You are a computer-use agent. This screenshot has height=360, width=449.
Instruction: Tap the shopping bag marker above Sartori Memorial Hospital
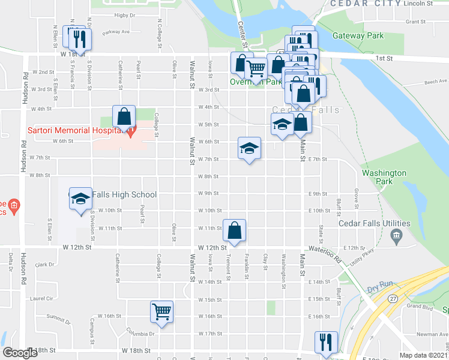coord(124,118)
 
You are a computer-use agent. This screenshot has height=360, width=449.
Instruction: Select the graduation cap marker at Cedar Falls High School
coord(79,199)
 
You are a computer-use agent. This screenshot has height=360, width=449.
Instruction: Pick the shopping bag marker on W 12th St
coord(234,231)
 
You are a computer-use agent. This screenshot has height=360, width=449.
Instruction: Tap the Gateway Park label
coord(358,35)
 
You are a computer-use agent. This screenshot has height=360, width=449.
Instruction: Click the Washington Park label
coord(385,177)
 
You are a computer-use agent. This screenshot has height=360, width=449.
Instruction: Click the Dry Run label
coord(379,289)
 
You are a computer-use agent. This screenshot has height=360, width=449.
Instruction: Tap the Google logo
coord(20,353)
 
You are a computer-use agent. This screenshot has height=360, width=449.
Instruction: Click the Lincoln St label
coord(418,4)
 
